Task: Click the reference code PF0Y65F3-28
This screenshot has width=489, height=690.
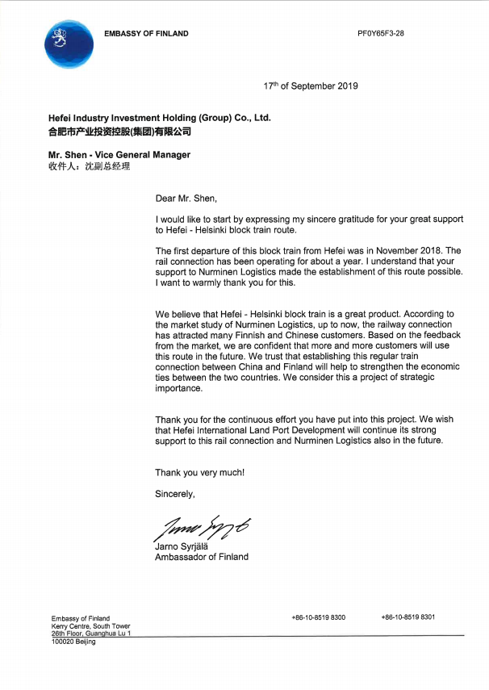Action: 380,34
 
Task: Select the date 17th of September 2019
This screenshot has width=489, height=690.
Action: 311,86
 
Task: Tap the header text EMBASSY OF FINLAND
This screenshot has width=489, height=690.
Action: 146,34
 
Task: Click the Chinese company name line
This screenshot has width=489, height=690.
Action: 119,131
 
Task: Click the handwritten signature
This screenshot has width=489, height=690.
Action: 201,528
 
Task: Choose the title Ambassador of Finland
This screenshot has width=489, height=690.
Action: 202,557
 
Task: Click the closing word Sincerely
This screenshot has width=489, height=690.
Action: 175,494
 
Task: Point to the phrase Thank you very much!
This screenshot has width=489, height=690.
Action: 199,473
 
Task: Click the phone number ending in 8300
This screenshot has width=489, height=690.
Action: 318,617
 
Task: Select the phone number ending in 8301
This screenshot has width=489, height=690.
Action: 407,617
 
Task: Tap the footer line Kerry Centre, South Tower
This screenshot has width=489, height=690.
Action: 90,626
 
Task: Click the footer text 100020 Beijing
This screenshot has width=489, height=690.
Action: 73,642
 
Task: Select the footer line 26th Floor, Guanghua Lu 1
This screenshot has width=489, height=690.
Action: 91,634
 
